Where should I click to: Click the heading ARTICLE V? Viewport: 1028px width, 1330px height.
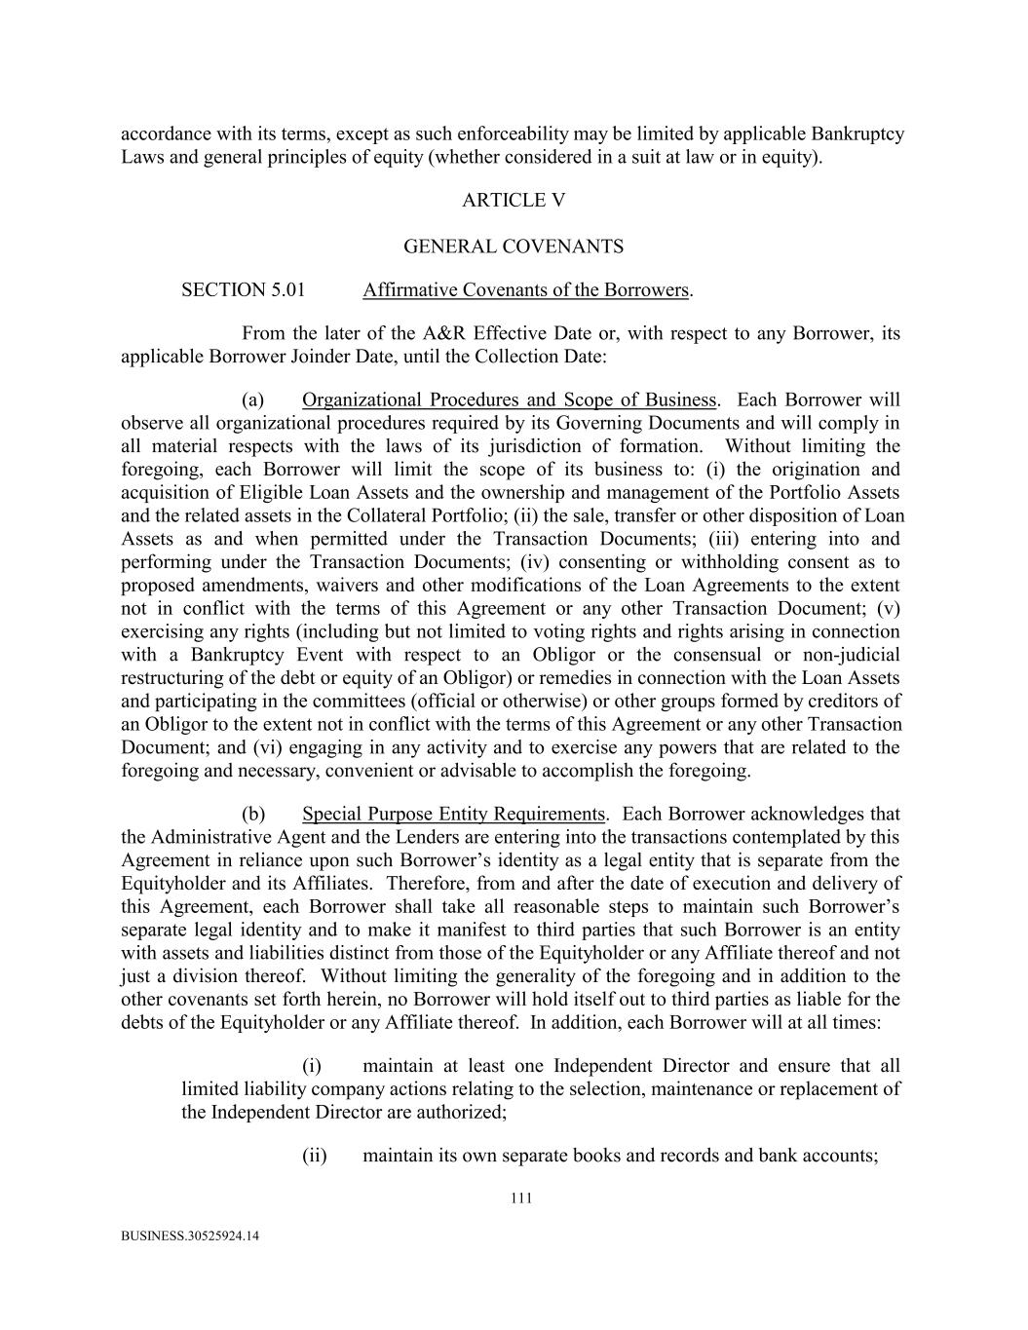click(514, 201)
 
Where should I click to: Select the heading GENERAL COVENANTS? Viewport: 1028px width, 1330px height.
click(514, 247)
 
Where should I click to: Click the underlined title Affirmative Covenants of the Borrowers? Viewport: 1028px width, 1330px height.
click(525, 290)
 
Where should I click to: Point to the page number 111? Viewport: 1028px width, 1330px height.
click(521, 1198)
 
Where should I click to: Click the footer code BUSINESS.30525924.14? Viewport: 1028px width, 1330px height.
click(190, 1236)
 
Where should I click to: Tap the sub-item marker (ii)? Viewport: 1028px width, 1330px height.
click(315, 1157)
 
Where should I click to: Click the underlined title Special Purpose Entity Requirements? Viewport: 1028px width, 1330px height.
click(454, 815)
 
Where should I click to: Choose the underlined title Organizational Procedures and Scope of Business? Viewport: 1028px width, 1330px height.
click(510, 400)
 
